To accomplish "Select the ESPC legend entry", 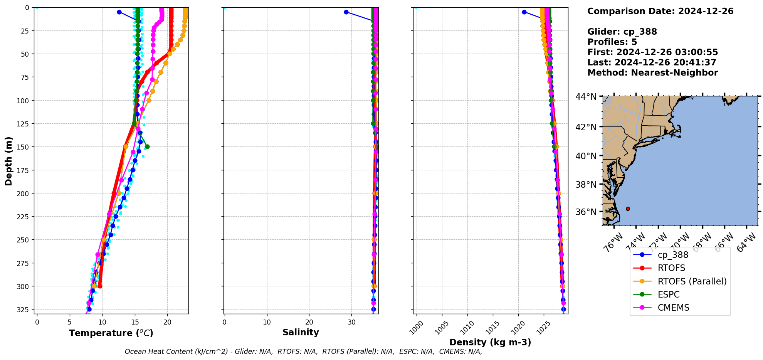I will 669,294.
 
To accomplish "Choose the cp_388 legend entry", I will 673,255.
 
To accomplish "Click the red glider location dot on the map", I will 628,209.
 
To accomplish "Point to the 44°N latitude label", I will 585,97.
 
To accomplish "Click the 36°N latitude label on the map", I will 585,212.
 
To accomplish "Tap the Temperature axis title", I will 111,333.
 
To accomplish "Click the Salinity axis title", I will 301,332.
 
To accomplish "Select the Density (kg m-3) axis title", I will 490,342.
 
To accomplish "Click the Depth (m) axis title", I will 8,161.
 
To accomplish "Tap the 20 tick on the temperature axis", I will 167,322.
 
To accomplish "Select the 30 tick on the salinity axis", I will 351,322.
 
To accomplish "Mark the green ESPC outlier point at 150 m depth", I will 147,146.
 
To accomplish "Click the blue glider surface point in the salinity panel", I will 346,12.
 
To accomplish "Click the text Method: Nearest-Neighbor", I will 652,73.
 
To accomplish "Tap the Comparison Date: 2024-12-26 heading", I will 660,11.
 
